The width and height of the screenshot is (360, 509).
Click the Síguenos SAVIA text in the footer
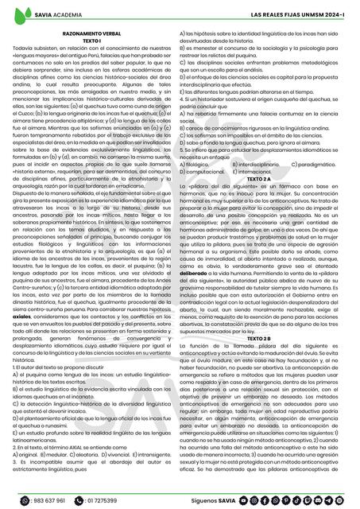tap(218, 501)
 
